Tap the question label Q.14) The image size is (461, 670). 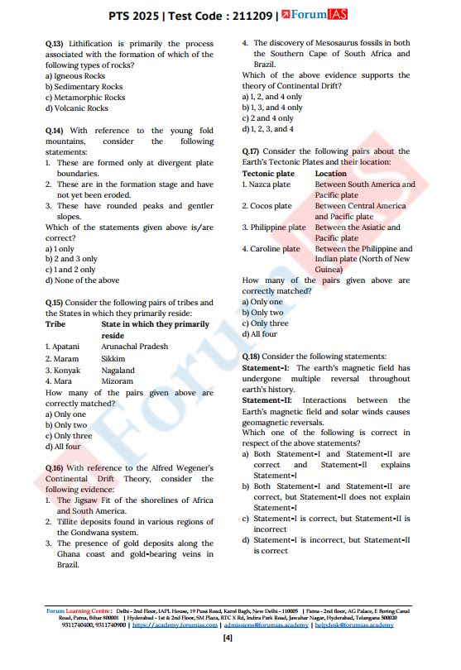(x=55, y=131)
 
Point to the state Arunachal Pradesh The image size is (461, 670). (x=134, y=347)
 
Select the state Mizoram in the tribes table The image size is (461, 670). (x=118, y=381)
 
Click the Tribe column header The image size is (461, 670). (x=55, y=325)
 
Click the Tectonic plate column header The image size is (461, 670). (x=268, y=174)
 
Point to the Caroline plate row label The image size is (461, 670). (x=271, y=249)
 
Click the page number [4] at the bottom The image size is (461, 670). (x=228, y=638)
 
